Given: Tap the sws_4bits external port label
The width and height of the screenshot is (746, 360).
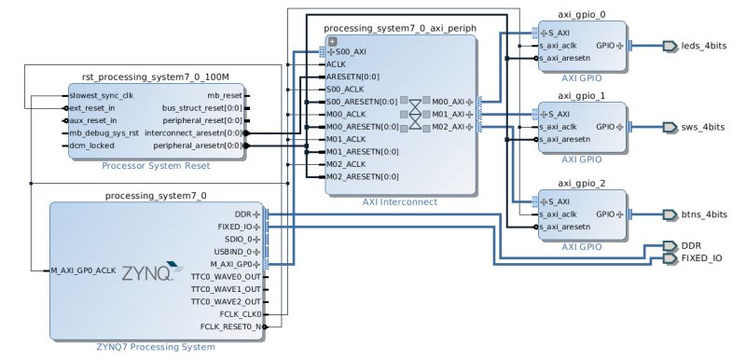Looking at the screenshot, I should tap(702, 126).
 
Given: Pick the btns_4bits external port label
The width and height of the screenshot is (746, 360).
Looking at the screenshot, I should tap(703, 214).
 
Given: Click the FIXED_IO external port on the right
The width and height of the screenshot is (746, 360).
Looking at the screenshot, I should tap(701, 257).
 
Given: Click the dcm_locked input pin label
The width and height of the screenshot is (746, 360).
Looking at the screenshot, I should tap(91, 145).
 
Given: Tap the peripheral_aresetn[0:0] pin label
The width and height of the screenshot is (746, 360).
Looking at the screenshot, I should tap(197, 145).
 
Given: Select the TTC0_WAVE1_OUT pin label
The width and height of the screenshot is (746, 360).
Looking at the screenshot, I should tap(227, 289).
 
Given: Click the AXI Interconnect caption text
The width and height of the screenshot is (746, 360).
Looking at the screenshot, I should tap(398, 201).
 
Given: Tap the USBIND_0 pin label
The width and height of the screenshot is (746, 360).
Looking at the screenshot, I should tap(234, 251).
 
